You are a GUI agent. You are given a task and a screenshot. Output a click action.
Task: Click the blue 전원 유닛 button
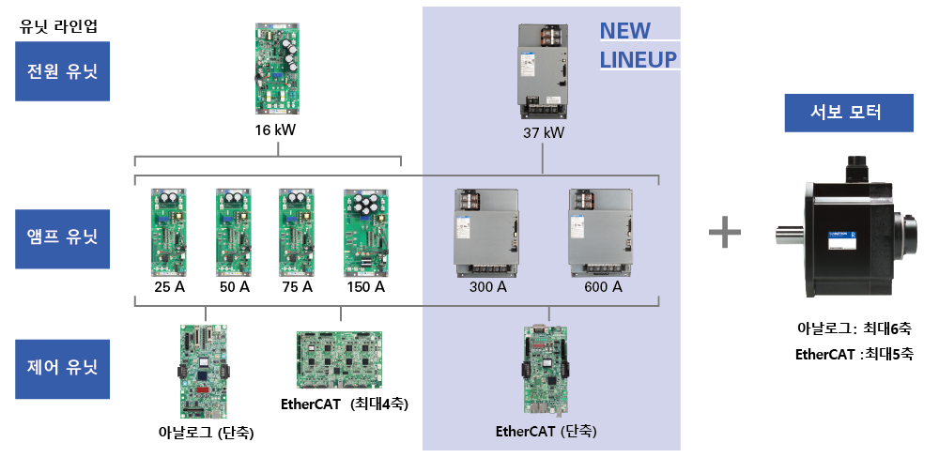point(63,71)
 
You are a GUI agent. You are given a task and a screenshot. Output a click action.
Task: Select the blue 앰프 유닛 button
point(63,235)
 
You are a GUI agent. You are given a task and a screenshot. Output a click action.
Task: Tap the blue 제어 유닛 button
point(63,367)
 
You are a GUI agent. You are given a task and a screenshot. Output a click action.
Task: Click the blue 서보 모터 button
point(849,114)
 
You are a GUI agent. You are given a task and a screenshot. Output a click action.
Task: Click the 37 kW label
point(544,132)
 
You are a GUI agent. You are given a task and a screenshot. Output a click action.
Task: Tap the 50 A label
point(234,287)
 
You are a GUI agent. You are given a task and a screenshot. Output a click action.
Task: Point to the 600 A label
point(603,287)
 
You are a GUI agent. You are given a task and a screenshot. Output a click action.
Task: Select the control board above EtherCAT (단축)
point(545,371)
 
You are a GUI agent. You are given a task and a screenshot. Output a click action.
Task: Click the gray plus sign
point(724,232)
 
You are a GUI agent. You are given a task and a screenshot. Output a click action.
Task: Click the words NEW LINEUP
point(639,46)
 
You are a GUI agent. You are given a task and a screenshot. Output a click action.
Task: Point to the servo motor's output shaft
point(790,235)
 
